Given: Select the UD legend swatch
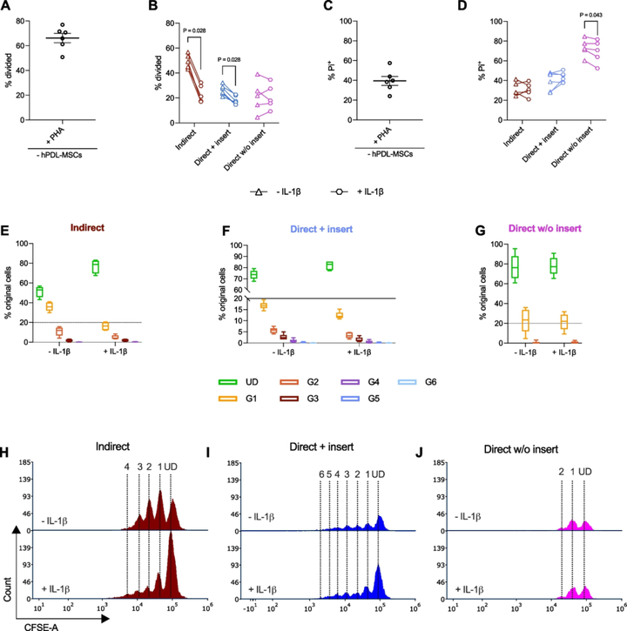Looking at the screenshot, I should (228, 382).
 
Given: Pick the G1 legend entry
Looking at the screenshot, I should (228, 399).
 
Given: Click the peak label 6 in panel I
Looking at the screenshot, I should (320, 474).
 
